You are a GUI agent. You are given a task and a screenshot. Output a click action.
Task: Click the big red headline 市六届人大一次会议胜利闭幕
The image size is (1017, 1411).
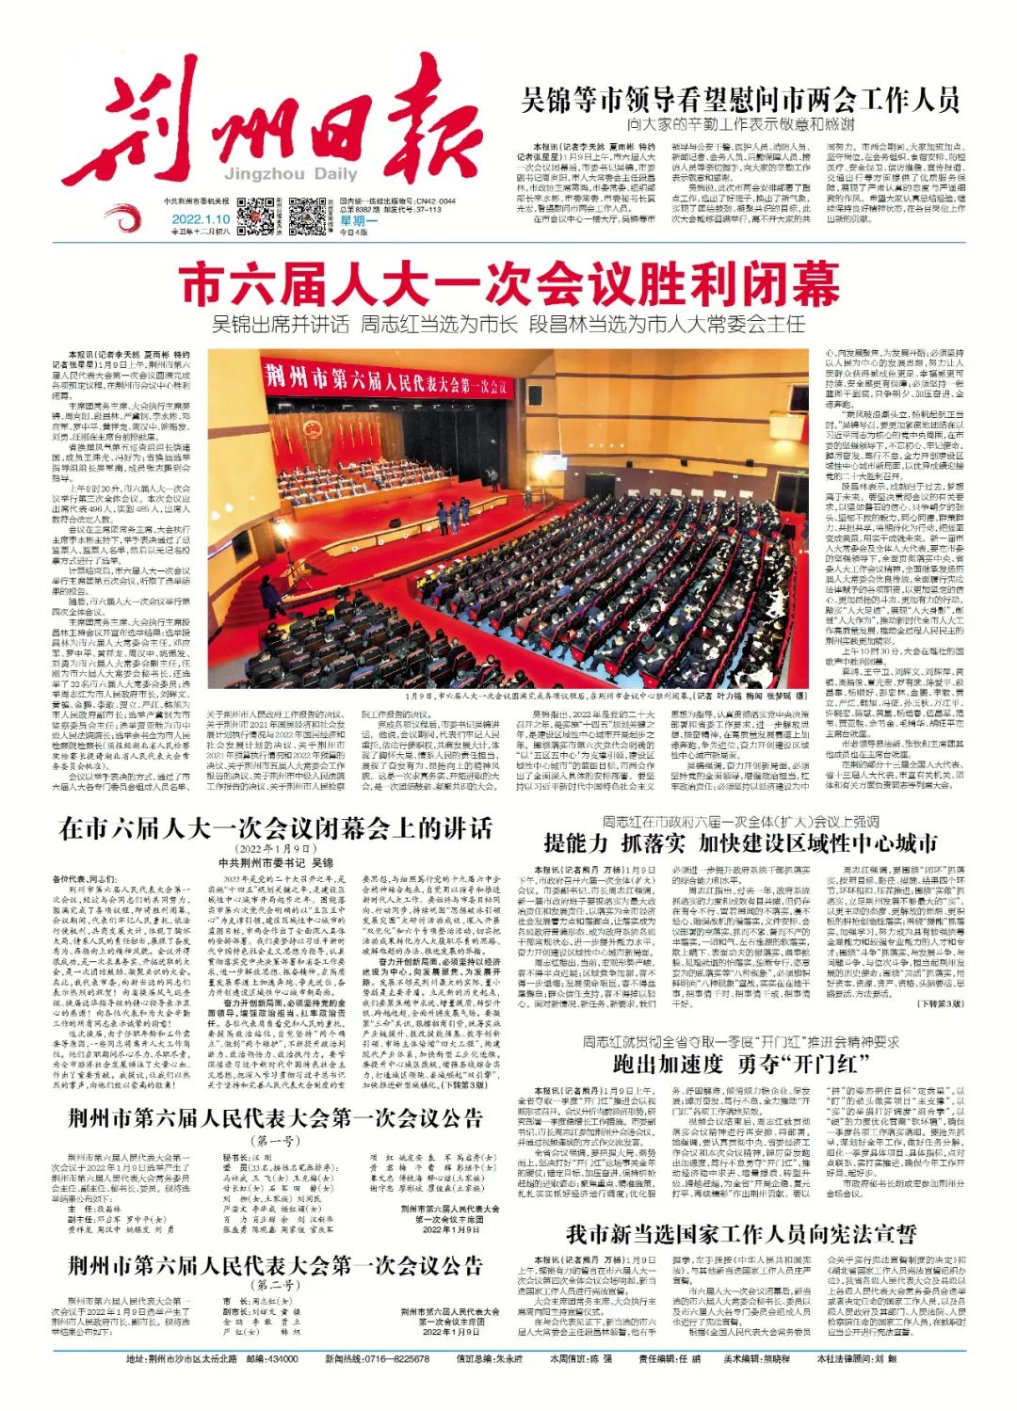click(508, 284)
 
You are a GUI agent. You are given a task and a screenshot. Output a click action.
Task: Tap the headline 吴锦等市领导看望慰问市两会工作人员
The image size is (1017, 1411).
click(740, 99)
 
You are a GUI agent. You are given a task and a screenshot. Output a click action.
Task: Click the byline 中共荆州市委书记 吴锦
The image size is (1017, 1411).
click(276, 862)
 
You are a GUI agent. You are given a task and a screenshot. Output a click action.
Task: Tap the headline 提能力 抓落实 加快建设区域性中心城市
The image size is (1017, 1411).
click(740, 842)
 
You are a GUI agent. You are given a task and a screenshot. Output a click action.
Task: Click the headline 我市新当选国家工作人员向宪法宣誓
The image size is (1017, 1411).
click(740, 1233)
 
